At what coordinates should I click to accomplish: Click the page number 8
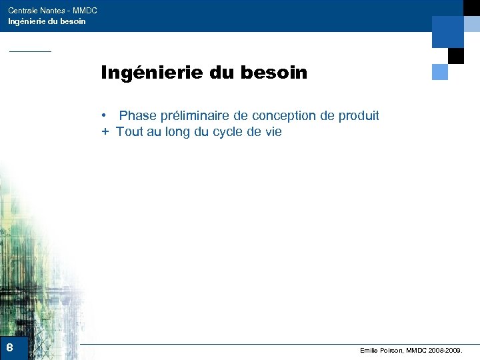point(9,347)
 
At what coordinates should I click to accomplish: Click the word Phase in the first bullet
point(138,116)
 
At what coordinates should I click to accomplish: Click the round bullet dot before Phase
point(105,116)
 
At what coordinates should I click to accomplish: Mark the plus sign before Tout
point(105,132)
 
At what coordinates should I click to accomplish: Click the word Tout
point(129,132)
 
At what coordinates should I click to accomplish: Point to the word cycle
point(229,132)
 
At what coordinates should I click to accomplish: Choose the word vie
point(273,132)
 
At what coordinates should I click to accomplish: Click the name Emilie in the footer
point(369,350)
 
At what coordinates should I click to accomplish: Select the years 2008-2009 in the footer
point(445,350)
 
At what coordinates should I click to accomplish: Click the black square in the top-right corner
point(456,55)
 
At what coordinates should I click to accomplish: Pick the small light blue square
point(440,71)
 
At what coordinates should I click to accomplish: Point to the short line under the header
point(29,51)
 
